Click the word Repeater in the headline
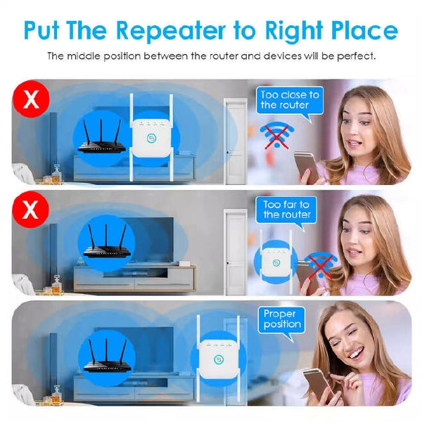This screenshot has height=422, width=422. pyautogui.click(x=171, y=30)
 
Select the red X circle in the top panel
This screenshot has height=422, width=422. pyautogui.click(x=31, y=98)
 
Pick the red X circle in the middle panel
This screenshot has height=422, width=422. pyautogui.click(x=30, y=210)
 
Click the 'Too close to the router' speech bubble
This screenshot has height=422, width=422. pyautogui.click(x=290, y=103)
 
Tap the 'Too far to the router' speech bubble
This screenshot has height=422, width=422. pyautogui.click(x=286, y=212)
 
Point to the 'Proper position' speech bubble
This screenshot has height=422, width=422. pyautogui.click(x=282, y=321)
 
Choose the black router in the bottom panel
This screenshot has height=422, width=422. pyautogui.click(x=107, y=356)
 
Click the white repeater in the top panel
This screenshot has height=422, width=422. pyautogui.click(x=151, y=138)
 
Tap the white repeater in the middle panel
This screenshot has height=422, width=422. pyautogui.click(x=276, y=261)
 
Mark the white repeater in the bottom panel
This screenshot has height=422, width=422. pyautogui.click(x=219, y=359)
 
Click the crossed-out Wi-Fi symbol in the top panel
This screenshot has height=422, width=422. pyautogui.click(x=277, y=135)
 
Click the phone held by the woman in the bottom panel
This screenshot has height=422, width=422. pyautogui.click(x=319, y=384)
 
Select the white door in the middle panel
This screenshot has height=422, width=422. pyautogui.click(x=235, y=252)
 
